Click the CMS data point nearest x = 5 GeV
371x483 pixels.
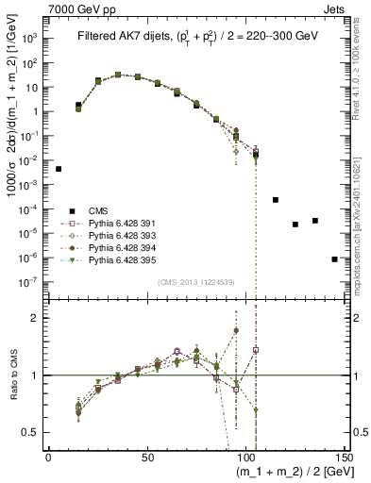click(59, 169)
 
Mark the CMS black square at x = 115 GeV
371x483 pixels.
click(276, 200)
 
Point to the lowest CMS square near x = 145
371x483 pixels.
click(335, 258)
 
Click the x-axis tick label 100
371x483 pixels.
click(245, 457)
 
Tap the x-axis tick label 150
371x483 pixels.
click(344, 457)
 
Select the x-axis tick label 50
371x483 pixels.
click(146, 457)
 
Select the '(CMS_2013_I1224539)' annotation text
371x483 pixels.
click(194, 281)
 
